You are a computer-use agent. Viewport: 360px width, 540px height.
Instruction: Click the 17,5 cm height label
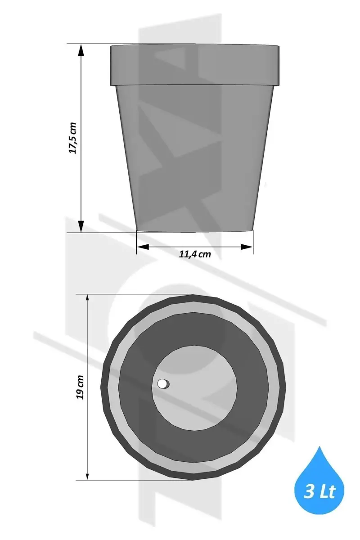72,138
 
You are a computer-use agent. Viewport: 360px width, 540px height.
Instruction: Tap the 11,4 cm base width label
195,254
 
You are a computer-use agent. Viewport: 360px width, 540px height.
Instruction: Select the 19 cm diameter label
80,387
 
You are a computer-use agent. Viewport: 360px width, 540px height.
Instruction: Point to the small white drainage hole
162,383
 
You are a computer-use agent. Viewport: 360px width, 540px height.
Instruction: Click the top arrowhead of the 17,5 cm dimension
81,50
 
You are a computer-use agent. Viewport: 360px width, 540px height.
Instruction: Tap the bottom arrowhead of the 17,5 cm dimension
81,226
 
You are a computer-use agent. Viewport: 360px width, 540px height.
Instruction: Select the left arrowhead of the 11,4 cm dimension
143,247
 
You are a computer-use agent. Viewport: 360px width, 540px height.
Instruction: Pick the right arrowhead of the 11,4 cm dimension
247,247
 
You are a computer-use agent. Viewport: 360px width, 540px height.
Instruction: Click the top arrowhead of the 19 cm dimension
88,298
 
